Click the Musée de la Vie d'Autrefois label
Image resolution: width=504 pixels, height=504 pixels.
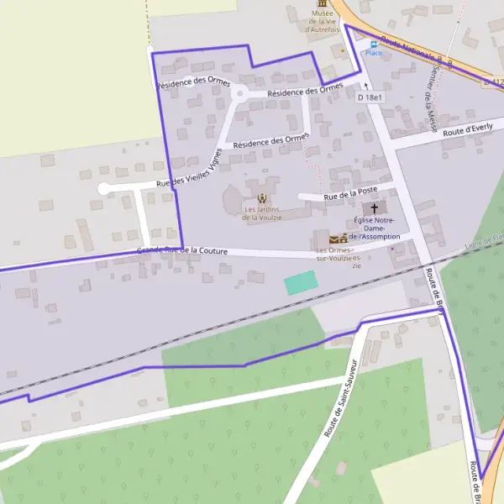[322, 21]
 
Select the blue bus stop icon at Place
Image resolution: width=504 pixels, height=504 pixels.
[372, 42]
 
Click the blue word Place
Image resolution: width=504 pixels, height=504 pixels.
[373, 53]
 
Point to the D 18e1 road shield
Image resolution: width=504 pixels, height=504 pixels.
[370, 97]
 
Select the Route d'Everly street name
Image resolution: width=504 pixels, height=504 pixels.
[468, 130]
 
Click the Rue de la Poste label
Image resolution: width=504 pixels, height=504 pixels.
[346, 194]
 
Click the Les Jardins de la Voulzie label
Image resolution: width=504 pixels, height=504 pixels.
[262, 213]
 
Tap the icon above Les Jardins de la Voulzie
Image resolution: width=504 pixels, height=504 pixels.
[262, 199]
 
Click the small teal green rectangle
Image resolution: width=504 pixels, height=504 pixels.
[302, 283]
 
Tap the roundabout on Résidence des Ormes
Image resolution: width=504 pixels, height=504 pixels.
[239, 94]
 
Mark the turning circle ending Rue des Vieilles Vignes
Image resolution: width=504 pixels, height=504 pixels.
[103, 190]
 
